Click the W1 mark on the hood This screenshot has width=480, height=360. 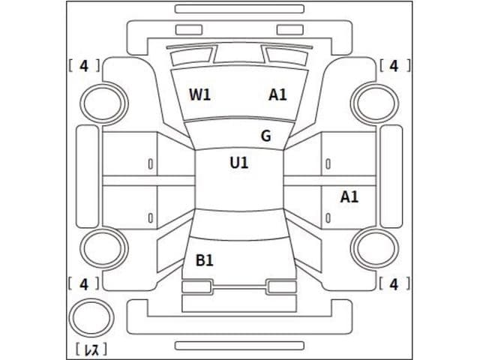pos(199,94)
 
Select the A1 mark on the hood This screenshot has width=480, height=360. pos(277,94)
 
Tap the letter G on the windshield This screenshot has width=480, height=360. pos(265,136)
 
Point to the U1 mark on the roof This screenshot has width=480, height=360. pos(239,162)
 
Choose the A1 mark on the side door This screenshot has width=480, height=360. pos(349,197)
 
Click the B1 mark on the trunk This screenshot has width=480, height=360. pos(204,260)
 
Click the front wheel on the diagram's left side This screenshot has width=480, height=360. pos(103,103)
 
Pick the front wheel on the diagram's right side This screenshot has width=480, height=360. pos(376,103)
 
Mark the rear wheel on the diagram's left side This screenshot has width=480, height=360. pos(103,248)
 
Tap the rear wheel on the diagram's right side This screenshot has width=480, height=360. pos(376,248)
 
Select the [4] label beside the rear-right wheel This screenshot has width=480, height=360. pos(395,283)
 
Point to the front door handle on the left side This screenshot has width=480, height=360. pos(151,163)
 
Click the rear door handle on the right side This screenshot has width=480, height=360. pos(328,218)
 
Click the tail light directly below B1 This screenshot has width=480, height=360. pos(196,286)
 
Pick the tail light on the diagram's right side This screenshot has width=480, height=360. pos(282,286)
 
